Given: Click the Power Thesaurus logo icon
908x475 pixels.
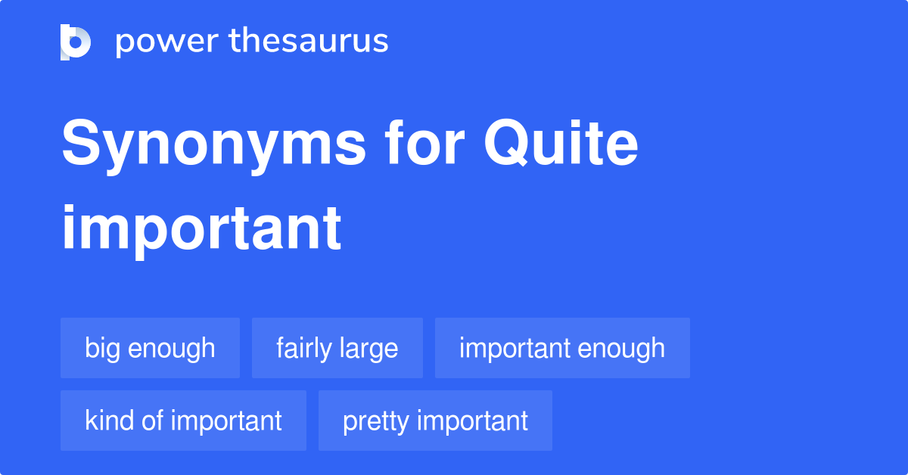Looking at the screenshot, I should (75, 42).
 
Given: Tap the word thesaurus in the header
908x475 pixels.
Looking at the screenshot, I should (309, 42).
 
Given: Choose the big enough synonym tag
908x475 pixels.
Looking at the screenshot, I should (150, 348).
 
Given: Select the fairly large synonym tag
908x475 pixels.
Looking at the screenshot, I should (337, 348).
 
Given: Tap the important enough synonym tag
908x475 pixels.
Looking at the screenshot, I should (562, 348).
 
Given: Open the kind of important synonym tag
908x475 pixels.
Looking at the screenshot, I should (183, 421).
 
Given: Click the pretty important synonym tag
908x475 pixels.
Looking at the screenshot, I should (435, 421).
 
